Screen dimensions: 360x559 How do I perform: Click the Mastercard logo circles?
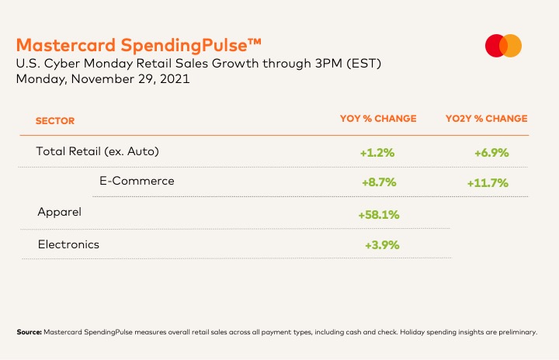[503, 46]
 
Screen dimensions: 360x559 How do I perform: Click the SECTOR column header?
[55, 121]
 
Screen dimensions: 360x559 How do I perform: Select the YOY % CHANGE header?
[378, 119]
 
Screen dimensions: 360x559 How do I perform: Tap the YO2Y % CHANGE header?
[486, 119]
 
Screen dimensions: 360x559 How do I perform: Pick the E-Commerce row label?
[137, 181]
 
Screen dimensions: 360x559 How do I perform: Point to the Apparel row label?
[60, 211]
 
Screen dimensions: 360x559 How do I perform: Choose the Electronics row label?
[69, 244]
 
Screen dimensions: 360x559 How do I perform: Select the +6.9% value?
[491, 153]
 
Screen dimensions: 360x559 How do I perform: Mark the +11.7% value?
[488, 183]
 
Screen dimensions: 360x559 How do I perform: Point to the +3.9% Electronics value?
[382, 245]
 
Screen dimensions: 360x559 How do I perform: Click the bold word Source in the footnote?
[29, 332]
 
